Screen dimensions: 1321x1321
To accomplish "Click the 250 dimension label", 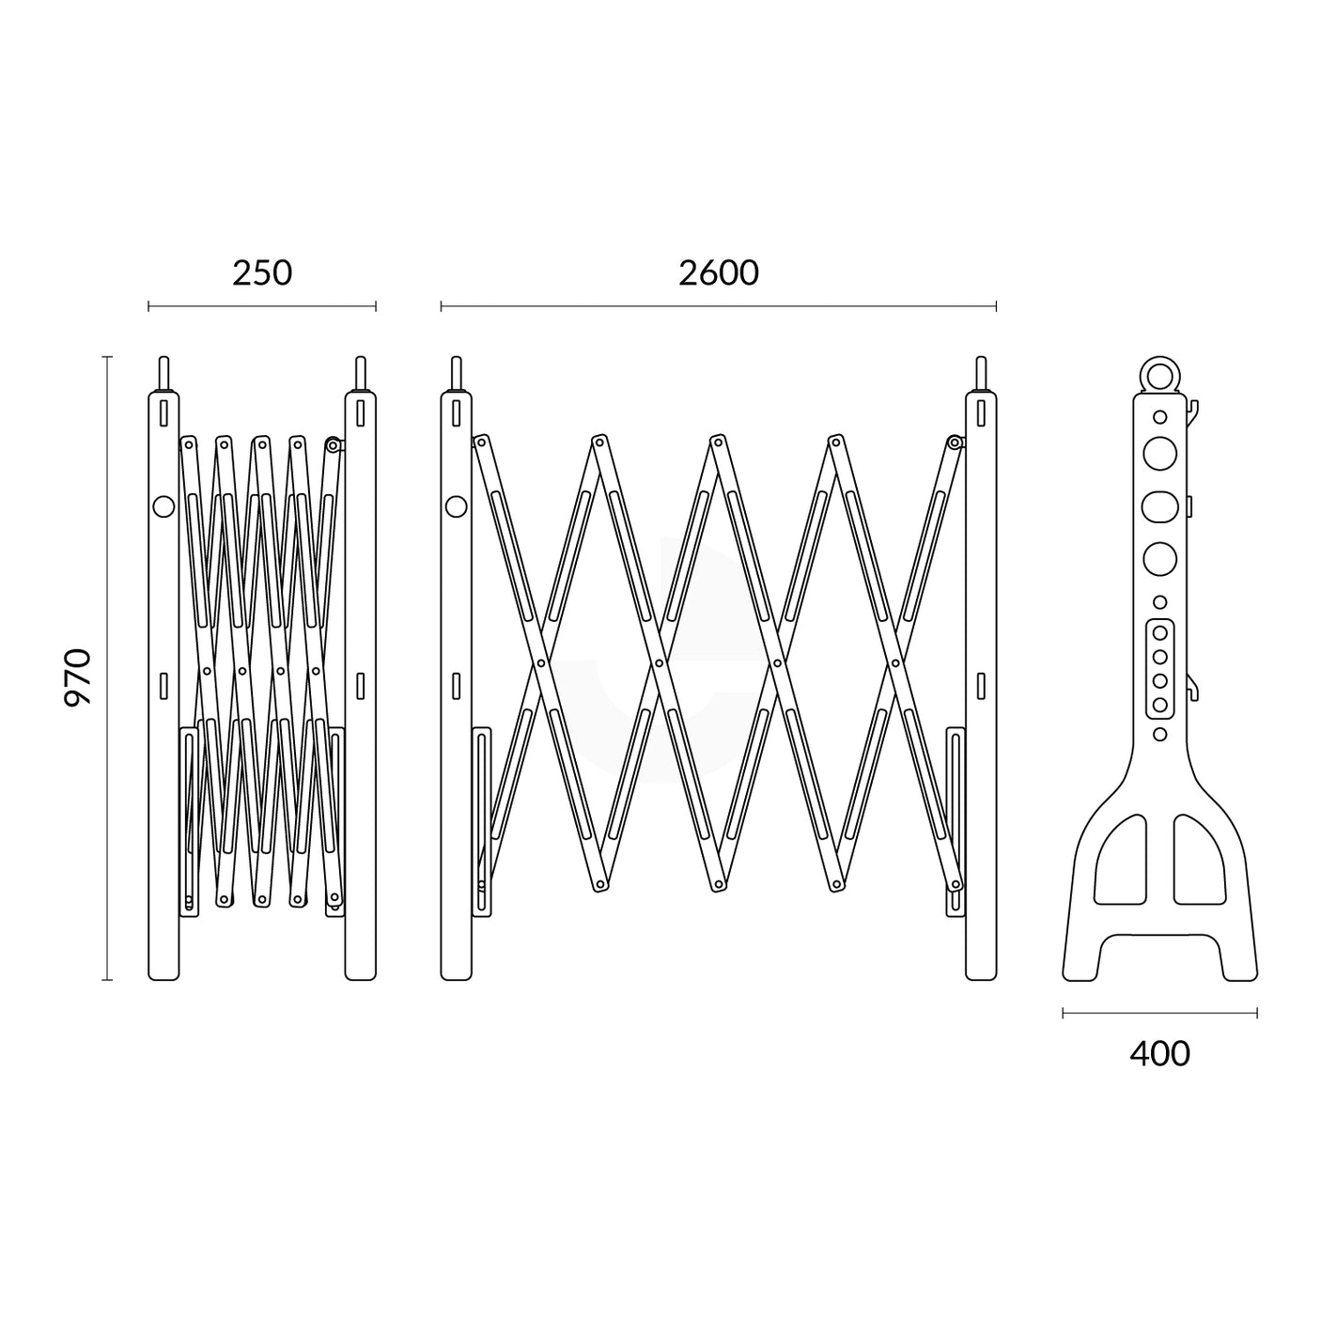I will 262,272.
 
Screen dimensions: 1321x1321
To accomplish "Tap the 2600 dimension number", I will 718,272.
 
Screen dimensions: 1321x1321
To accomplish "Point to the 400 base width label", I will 1159,1053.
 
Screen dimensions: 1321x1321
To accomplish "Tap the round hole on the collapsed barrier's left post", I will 163,506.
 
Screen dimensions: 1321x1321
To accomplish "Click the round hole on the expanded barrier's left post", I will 456,506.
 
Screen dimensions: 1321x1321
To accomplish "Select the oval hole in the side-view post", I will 1159,506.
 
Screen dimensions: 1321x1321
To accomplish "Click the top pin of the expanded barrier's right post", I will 981,373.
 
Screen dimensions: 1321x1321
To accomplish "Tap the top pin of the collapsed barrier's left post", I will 163,373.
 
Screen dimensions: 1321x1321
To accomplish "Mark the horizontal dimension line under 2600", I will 718,306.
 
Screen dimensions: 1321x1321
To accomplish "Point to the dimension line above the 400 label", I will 1159,1013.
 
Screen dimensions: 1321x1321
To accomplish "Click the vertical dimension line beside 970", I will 107,668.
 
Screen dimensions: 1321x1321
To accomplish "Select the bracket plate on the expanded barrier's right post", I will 955,822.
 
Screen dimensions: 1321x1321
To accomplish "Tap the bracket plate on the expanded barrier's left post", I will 482,822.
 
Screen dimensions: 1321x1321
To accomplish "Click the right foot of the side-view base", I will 1237,963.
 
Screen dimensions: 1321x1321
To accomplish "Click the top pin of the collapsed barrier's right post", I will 360,373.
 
